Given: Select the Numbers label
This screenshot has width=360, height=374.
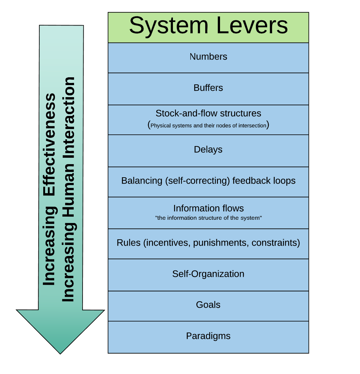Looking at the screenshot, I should (208, 57).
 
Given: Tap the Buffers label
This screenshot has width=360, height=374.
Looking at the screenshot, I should (208, 88).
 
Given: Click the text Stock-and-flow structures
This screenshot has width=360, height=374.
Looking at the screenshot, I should (208, 113).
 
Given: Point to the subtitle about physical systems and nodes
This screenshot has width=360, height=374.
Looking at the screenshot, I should (208, 125).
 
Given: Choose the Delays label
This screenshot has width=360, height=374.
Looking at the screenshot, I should (208, 150).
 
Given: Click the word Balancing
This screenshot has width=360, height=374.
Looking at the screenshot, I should (141, 181).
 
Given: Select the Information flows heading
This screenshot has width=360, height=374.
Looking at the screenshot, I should (208, 208).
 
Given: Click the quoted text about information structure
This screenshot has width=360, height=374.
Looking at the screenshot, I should (208, 218).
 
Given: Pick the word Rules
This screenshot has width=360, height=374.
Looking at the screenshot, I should (129, 243).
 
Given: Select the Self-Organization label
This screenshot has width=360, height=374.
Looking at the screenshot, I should (208, 274).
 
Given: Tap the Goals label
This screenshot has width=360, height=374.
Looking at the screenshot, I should (208, 305).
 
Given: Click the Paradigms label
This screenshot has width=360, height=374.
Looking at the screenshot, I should (208, 336).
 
